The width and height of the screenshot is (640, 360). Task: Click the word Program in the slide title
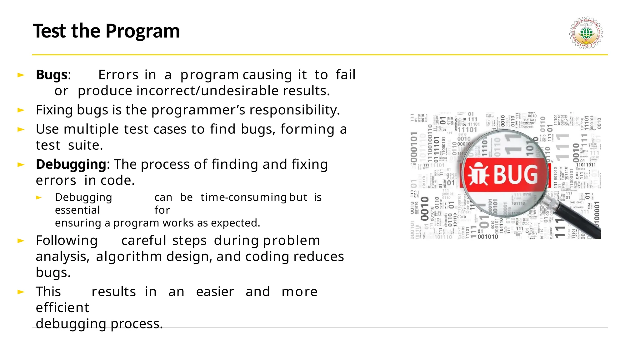click(x=142, y=31)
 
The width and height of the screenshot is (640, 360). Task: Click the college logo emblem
click(x=586, y=33)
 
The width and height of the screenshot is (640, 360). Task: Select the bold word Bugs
click(x=52, y=75)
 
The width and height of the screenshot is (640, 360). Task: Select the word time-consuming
click(x=243, y=197)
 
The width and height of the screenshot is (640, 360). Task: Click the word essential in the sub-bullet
click(x=77, y=210)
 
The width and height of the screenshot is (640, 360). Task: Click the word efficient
click(x=62, y=308)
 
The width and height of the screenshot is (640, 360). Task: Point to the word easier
click(x=215, y=292)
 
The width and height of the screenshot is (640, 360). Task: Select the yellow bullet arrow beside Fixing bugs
click(x=21, y=110)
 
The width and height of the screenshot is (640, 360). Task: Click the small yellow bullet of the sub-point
click(x=39, y=197)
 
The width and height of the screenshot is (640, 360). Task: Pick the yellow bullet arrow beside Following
click(x=21, y=241)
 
